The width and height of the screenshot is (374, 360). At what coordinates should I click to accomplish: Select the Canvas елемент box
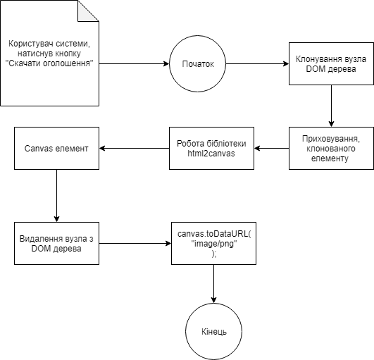(56, 148)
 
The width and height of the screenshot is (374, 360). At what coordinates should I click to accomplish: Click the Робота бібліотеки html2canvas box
(211, 148)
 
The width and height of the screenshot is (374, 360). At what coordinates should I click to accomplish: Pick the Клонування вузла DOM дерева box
(331, 63)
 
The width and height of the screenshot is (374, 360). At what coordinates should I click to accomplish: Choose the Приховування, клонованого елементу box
(331, 148)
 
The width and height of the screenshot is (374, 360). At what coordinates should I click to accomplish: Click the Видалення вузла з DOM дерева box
(56, 243)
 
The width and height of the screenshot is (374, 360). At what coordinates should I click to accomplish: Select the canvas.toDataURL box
(213, 243)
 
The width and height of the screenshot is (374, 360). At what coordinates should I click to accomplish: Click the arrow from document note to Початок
(134, 63)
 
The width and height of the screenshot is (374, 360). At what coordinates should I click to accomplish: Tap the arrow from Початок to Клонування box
(257, 63)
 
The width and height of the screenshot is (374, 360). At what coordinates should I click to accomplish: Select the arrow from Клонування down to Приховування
(331, 106)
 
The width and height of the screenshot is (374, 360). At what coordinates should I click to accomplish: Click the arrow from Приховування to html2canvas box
(271, 148)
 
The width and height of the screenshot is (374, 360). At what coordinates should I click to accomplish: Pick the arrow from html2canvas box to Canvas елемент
(134, 148)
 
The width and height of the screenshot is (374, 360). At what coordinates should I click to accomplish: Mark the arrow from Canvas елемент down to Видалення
(56, 196)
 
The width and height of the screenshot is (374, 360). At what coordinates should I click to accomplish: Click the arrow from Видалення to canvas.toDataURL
(135, 243)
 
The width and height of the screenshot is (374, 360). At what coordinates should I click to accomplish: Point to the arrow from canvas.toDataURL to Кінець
(213, 284)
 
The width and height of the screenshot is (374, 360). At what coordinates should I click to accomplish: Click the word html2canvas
(211, 154)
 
